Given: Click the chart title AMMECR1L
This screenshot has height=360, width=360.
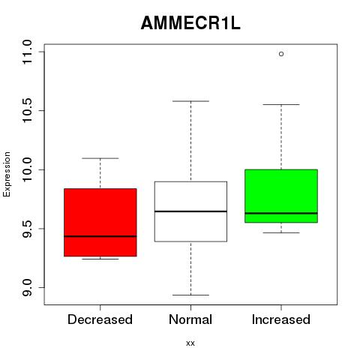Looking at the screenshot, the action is tap(190, 23).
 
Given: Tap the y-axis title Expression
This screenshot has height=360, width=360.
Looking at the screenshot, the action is tap(7, 174).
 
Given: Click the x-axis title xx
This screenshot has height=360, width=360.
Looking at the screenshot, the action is tap(190, 343).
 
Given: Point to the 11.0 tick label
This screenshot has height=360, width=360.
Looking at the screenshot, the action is tap(27, 52).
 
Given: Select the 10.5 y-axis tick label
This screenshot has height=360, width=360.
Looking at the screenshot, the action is tap(27, 110).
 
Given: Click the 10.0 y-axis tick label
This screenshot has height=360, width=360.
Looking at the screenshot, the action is tap(27, 169).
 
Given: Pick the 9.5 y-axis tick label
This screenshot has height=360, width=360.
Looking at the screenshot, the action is tap(27, 229).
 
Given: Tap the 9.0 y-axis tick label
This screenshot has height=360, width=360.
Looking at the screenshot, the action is tap(27, 287).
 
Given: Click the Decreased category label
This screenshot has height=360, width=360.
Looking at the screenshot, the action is tap(100, 319).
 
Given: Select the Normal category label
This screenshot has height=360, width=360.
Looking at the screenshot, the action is tap(190, 319).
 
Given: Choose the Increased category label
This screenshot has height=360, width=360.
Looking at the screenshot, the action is tap(281, 319).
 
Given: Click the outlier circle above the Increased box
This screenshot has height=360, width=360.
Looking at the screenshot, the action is tap(281, 54).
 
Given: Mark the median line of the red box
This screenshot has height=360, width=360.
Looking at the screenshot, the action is tap(100, 236).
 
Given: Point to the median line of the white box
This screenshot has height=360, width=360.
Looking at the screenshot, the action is tap(190, 211).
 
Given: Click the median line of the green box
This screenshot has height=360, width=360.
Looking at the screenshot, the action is tap(281, 213).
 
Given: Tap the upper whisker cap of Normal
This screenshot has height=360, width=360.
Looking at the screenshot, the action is tap(190, 101).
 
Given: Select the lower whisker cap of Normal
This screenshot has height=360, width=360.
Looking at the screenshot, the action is tap(190, 295).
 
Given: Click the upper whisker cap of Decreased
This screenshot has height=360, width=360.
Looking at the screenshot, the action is tap(100, 158).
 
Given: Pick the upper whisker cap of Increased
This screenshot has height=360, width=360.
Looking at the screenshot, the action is tap(281, 104).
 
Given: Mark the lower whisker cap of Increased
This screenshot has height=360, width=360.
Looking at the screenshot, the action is tap(281, 232).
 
